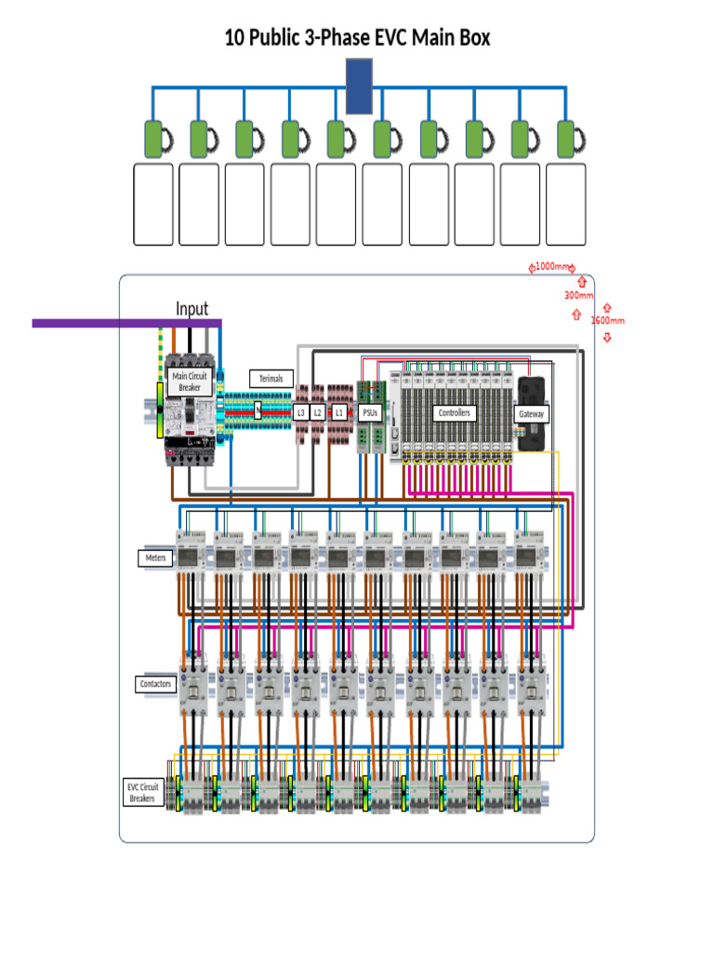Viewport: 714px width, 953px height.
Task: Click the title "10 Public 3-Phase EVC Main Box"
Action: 357,38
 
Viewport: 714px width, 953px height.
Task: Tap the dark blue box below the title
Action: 359,86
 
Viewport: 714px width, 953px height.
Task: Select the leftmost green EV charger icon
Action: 153,139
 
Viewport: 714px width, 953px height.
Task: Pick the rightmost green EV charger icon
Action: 567,139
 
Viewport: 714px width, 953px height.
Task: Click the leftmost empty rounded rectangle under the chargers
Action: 152,205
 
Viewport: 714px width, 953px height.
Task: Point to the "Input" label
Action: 192,309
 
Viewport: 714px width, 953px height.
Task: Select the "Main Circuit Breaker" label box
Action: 191,381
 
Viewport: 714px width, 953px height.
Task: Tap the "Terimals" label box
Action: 271,379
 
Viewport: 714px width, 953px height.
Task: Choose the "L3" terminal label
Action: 300,411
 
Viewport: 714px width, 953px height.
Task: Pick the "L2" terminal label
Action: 318,411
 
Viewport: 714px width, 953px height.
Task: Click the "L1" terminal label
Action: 339,411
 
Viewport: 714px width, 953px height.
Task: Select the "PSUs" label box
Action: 370,412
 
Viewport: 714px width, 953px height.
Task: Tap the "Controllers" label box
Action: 456,412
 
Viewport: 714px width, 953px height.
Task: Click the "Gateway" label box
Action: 532,414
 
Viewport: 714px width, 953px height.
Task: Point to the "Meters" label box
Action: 154,557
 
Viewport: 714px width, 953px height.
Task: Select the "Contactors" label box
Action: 155,684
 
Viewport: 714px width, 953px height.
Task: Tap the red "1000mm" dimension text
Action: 552,267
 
